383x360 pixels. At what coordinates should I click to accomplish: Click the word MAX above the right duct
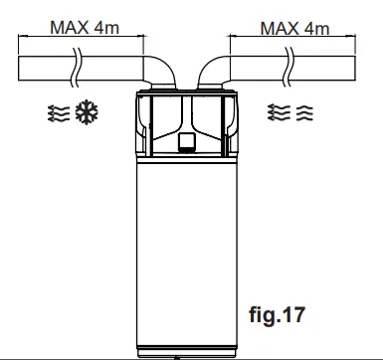point(280,27)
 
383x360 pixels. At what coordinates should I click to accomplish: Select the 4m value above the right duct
point(317,27)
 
